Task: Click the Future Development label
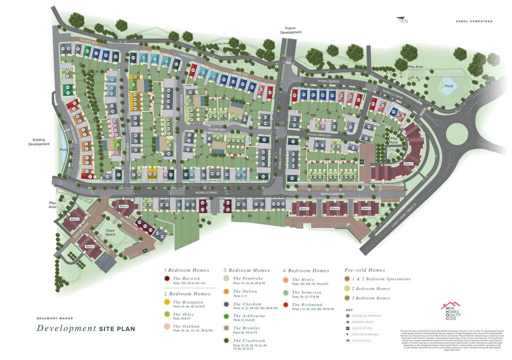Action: point(293,30)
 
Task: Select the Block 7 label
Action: point(304,208)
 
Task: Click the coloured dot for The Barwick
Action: point(167,278)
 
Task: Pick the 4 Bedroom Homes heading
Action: point(305,270)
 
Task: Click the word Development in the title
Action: point(65,328)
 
